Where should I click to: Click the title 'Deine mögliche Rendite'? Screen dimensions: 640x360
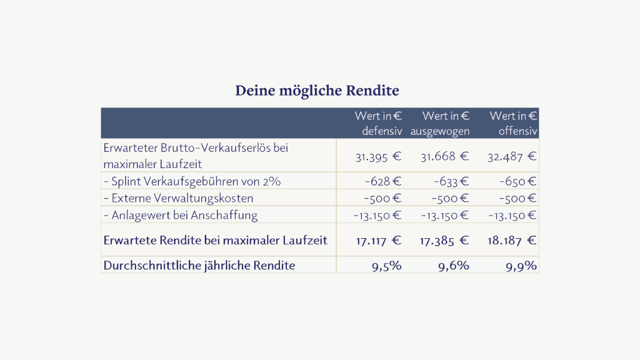pyautogui.click(x=317, y=91)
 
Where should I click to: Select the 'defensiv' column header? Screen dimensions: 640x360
pyautogui.click(x=378, y=123)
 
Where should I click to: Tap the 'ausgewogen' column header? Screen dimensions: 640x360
pyautogui.click(x=440, y=123)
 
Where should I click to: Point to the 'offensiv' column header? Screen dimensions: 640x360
pyautogui.click(x=514, y=123)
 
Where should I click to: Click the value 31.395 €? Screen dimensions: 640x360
pyautogui.click(x=378, y=157)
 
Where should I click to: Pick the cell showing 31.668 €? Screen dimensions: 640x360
pyautogui.click(x=445, y=157)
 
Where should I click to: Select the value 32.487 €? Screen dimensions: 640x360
pyautogui.click(x=512, y=157)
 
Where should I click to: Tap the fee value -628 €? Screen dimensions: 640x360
pyautogui.click(x=383, y=181)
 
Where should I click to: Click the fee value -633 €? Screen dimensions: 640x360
pyautogui.click(x=451, y=181)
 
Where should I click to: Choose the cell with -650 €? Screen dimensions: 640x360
pyautogui.click(x=518, y=181)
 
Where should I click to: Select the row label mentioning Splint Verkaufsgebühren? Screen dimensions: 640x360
pyautogui.click(x=192, y=182)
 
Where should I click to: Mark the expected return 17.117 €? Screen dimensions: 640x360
pyautogui.click(x=378, y=241)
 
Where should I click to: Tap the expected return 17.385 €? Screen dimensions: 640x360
pyautogui.click(x=444, y=241)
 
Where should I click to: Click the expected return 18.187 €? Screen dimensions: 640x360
pyautogui.click(x=512, y=241)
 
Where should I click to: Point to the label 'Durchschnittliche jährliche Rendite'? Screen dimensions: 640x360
pyautogui.click(x=199, y=266)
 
